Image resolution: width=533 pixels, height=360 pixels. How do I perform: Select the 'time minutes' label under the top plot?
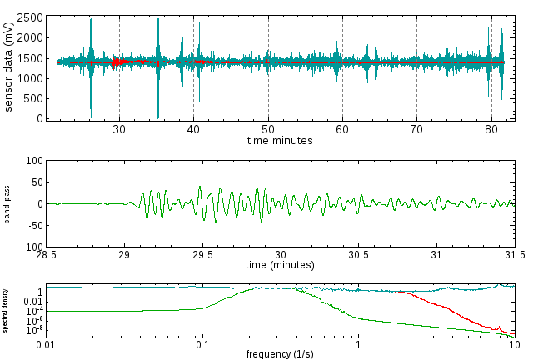[280, 141]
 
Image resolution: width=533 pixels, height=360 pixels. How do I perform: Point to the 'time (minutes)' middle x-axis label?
[280, 265]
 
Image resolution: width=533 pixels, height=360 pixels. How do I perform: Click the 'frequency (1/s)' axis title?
[280, 353]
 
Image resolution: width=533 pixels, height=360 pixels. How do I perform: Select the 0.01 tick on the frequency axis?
[46, 342]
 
